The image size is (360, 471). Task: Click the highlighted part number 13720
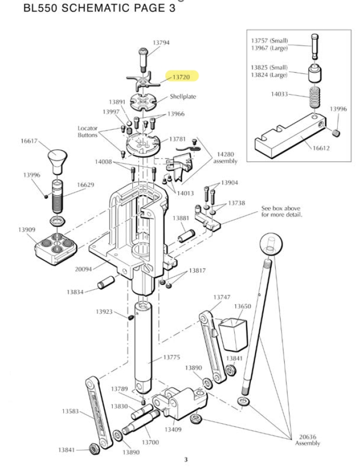(x=181, y=77)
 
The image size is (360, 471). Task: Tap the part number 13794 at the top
(x=161, y=42)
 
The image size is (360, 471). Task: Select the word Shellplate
(x=183, y=97)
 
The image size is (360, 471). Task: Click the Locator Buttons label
(x=87, y=131)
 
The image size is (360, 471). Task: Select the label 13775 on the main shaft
(x=171, y=357)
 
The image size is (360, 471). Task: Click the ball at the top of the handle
(x=269, y=243)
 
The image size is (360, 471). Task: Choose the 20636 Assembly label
(x=308, y=440)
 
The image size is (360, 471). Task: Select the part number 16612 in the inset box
(x=321, y=147)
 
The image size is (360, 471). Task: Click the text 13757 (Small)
(x=269, y=41)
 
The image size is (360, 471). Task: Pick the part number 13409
(x=172, y=429)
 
